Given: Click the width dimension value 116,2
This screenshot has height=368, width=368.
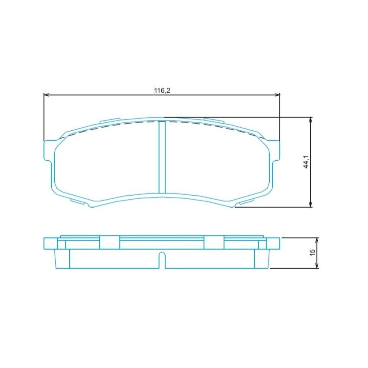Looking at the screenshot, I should [162, 90].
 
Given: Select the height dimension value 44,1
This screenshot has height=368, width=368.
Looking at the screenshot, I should [306, 162].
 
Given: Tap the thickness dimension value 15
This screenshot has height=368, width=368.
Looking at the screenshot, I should [312, 253].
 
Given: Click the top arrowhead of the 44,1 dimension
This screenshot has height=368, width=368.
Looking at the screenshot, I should [311, 120].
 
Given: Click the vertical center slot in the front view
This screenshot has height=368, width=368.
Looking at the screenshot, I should [162, 157].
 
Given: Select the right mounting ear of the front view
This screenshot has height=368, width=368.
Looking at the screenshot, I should [275, 150].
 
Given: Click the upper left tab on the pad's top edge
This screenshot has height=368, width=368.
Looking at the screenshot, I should [110, 121].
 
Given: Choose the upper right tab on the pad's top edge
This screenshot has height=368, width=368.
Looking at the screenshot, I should [214, 121].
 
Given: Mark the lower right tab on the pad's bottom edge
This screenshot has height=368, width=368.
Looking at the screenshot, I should [246, 201].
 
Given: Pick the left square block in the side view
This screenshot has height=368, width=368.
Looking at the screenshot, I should [109, 243].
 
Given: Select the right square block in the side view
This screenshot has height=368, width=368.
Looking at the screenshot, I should [214, 243].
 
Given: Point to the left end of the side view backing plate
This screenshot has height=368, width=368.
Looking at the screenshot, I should [50, 243].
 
